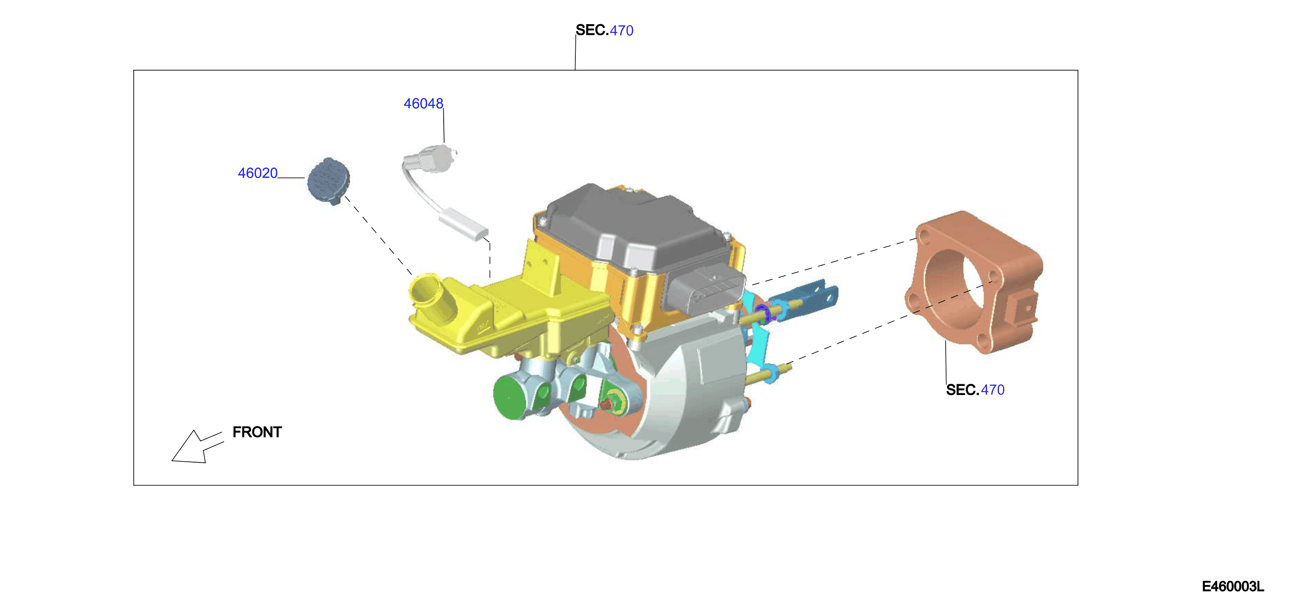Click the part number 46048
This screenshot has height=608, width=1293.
point(423,103)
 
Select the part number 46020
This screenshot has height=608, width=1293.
point(258,173)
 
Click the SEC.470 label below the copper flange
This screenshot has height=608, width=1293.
point(975,390)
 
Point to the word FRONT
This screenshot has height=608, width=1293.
point(257,432)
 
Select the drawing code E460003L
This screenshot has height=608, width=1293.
point(1233,586)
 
